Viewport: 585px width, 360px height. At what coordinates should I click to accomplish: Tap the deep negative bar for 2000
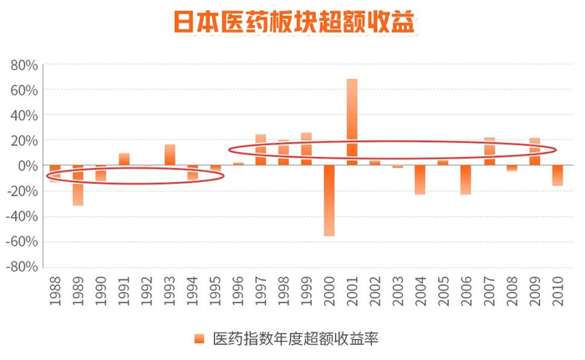pyautogui.click(x=329, y=200)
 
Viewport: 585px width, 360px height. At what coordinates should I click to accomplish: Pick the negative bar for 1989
pyautogui.click(x=78, y=185)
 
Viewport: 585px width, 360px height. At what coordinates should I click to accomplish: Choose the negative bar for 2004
pyautogui.click(x=420, y=180)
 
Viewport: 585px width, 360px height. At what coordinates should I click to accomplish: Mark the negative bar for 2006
pyautogui.click(x=465, y=180)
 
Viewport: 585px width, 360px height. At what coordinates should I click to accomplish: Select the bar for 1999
pyautogui.click(x=306, y=149)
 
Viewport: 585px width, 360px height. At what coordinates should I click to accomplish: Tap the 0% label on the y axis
pyautogui.click(x=28, y=165)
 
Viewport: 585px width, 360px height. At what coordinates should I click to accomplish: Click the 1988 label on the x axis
pyautogui.click(x=55, y=289)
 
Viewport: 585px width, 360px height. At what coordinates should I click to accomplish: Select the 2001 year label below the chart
pyautogui.click(x=352, y=289)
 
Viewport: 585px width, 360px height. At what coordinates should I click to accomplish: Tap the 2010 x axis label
pyautogui.click(x=557, y=289)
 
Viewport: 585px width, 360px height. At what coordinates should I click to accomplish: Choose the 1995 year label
pyautogui.click(x=215, y=289)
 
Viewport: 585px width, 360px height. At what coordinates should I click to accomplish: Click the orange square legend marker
pyautogui.click(x=199, y=338)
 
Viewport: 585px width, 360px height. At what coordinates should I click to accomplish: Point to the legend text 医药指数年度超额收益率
pyautogui.click(x=298, y=338)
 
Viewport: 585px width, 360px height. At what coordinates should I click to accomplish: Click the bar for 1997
pyautogui.click(x=261, y=150)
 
